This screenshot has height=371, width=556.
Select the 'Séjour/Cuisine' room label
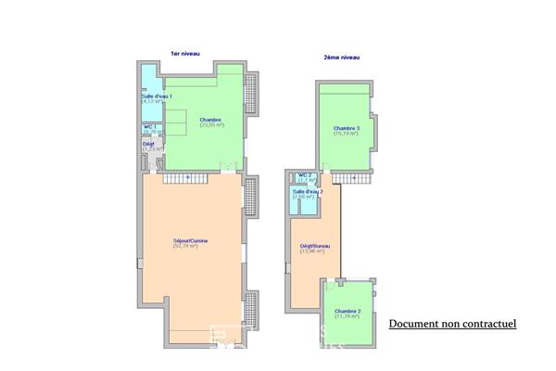click(x=190, y=241)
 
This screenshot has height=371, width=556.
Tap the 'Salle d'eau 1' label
click(x=157, y=96)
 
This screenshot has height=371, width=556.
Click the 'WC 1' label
click(x=149, y=127)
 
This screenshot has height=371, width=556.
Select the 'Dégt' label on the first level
click(x=147, y=144)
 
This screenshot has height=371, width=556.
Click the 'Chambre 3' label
click(x=347, y=128)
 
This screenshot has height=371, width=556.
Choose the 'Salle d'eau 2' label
click(x=307, y=191)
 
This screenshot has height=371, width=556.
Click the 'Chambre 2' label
click(x=347, y=311)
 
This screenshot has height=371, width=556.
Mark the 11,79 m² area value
click(x=347, y=316)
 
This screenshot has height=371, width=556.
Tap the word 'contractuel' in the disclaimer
click(x=487, y=324)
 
